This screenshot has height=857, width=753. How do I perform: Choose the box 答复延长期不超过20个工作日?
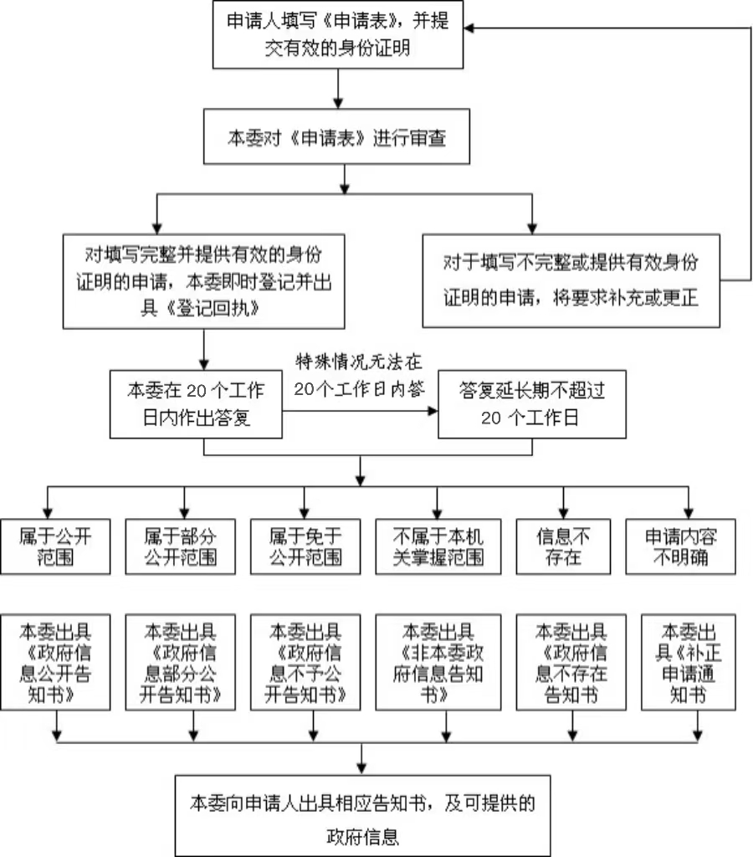click(x=531, y=404)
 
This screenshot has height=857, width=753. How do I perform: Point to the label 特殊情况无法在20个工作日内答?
click(x=359, y=376)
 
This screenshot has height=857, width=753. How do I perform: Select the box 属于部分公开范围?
click(x=182, y=547)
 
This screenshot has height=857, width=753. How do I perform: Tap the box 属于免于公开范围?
click(x=305, y=547)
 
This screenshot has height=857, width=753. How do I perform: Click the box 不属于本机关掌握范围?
click(x=438, y=547)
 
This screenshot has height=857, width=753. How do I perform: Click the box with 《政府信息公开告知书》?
click(x=55, y=662)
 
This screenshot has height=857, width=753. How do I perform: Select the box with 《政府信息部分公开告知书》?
click(x=181, y=662)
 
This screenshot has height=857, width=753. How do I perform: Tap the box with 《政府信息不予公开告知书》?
click(x=305, y=662)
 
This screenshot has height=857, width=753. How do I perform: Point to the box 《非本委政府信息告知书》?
click(x=438, y=662)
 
